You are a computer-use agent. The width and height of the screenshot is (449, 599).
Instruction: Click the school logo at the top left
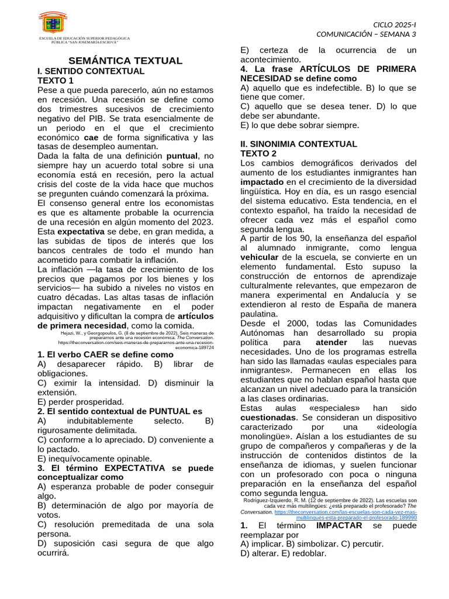click(x=53, y=22)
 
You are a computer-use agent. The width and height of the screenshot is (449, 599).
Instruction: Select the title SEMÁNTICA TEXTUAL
click(x=126, y=61)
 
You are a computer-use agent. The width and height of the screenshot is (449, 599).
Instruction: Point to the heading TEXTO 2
click(x=263, y=153)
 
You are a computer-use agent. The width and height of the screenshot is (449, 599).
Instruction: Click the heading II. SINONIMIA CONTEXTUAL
click(x=299, y=144)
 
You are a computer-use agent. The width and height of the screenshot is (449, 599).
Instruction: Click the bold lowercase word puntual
click(x=182, y=156)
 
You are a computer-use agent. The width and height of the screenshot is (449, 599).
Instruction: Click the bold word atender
click(x=331, y=342)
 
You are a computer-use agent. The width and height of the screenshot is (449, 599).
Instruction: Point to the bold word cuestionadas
click(x=268, y=418)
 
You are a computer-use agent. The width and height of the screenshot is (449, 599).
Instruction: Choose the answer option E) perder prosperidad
click(x=81, y=402)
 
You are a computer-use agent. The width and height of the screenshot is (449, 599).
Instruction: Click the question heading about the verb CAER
click(x=105, y=354)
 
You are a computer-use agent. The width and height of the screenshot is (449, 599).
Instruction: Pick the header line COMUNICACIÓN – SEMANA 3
click(x=367, y=34)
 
